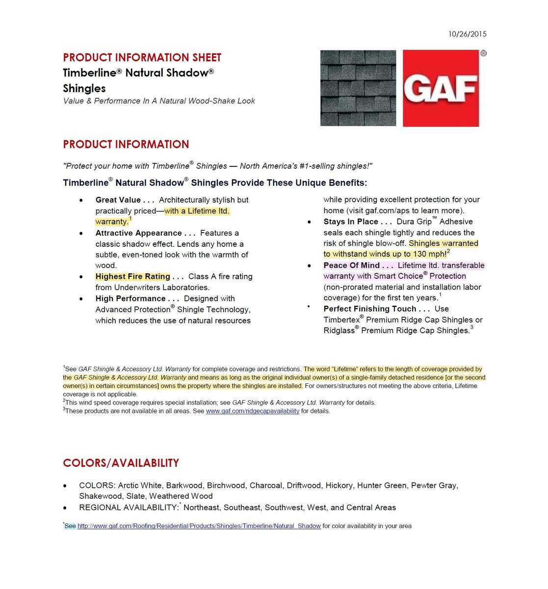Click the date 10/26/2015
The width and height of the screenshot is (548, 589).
tap(467, 34)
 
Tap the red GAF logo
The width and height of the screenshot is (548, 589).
tap(441, 88)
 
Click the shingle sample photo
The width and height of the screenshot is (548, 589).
tap(358, 88)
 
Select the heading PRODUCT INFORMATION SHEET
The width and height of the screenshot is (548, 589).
tap(142, 57)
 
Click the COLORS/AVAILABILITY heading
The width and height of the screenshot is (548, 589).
tap(121, 463)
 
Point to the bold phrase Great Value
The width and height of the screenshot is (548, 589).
tap(118, 200)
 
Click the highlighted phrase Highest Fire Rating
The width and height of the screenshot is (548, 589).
tap(132, 276)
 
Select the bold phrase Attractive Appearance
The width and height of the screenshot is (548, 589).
tap(138, 233)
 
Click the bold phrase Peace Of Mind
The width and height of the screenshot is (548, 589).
tap(351, 265)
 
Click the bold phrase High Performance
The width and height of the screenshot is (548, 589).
tap(130, 298)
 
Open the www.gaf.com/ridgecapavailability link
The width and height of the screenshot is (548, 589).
tap(253, 411)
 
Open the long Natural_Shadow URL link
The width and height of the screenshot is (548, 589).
tap(199, 526)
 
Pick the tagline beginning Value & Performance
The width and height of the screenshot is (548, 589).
tap(159, 101)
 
